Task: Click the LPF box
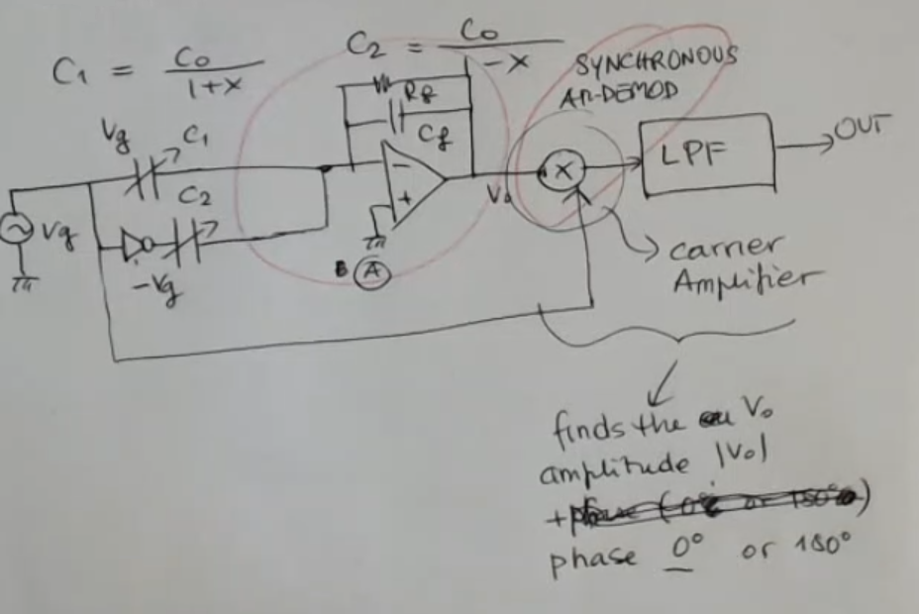[x=705, y=154]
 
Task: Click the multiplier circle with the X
[x=562, y=171]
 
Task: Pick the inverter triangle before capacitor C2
[x=138, y=242]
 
